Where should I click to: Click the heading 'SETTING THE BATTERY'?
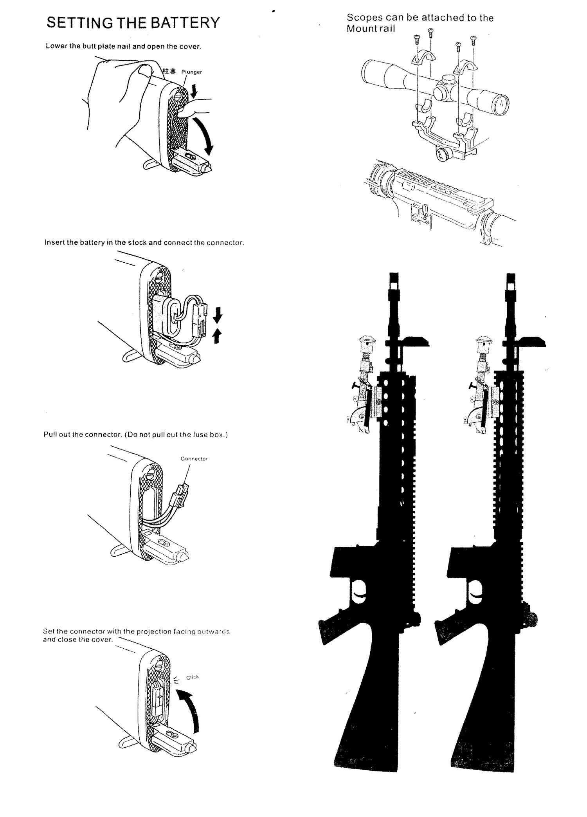[x=133, y=23]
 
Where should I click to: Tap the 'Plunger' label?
[x=192, y=72]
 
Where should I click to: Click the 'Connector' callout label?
[x=194, y=459]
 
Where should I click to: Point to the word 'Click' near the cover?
[x=193, y=678]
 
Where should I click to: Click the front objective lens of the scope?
[x=501, y=103]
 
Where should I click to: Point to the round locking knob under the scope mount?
[x=443, y=154]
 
